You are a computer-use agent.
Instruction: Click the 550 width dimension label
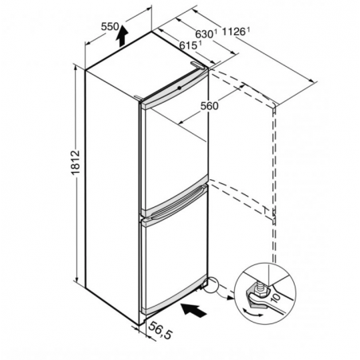(x=110, y=26)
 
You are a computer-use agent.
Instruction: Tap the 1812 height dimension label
(x=76, y=162)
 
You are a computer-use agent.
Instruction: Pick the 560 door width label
(x=209, y=106)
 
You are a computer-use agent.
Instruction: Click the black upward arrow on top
(x=122, y=36)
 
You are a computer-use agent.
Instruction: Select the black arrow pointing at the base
(x=194, y=310)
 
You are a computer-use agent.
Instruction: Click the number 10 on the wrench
(x=276, y=297)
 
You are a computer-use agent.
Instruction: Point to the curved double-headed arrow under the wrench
(x=253, y=313)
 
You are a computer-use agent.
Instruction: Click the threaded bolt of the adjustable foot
(x=260, y=288)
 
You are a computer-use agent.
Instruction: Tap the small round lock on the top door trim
(x=179, y=88)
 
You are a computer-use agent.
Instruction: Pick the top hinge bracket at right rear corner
(x=198, y=65)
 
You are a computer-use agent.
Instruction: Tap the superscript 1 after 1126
(x=248, y=29)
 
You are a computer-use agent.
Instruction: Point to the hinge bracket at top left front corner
(x=139, y=98)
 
